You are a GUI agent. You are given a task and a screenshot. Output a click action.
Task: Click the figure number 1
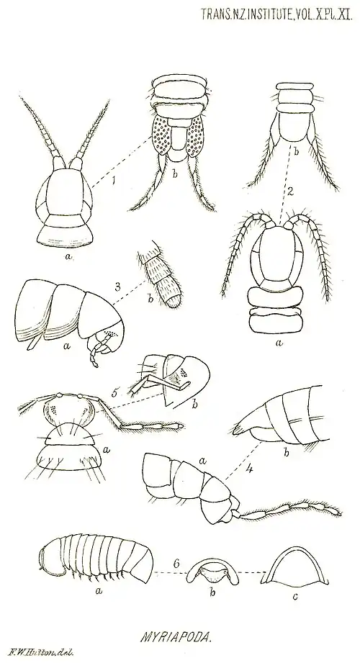[x=113, y=181]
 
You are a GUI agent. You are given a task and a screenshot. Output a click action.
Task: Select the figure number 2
[x=289, y=191]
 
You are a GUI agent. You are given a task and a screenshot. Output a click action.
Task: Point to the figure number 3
[x=117, y=287]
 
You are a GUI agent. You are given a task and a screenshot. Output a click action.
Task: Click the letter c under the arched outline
[x=295, y=597]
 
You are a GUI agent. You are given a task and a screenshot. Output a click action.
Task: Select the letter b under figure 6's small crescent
[x=213, y=592]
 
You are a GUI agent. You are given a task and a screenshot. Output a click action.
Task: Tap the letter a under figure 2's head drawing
[x=279, y=344]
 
